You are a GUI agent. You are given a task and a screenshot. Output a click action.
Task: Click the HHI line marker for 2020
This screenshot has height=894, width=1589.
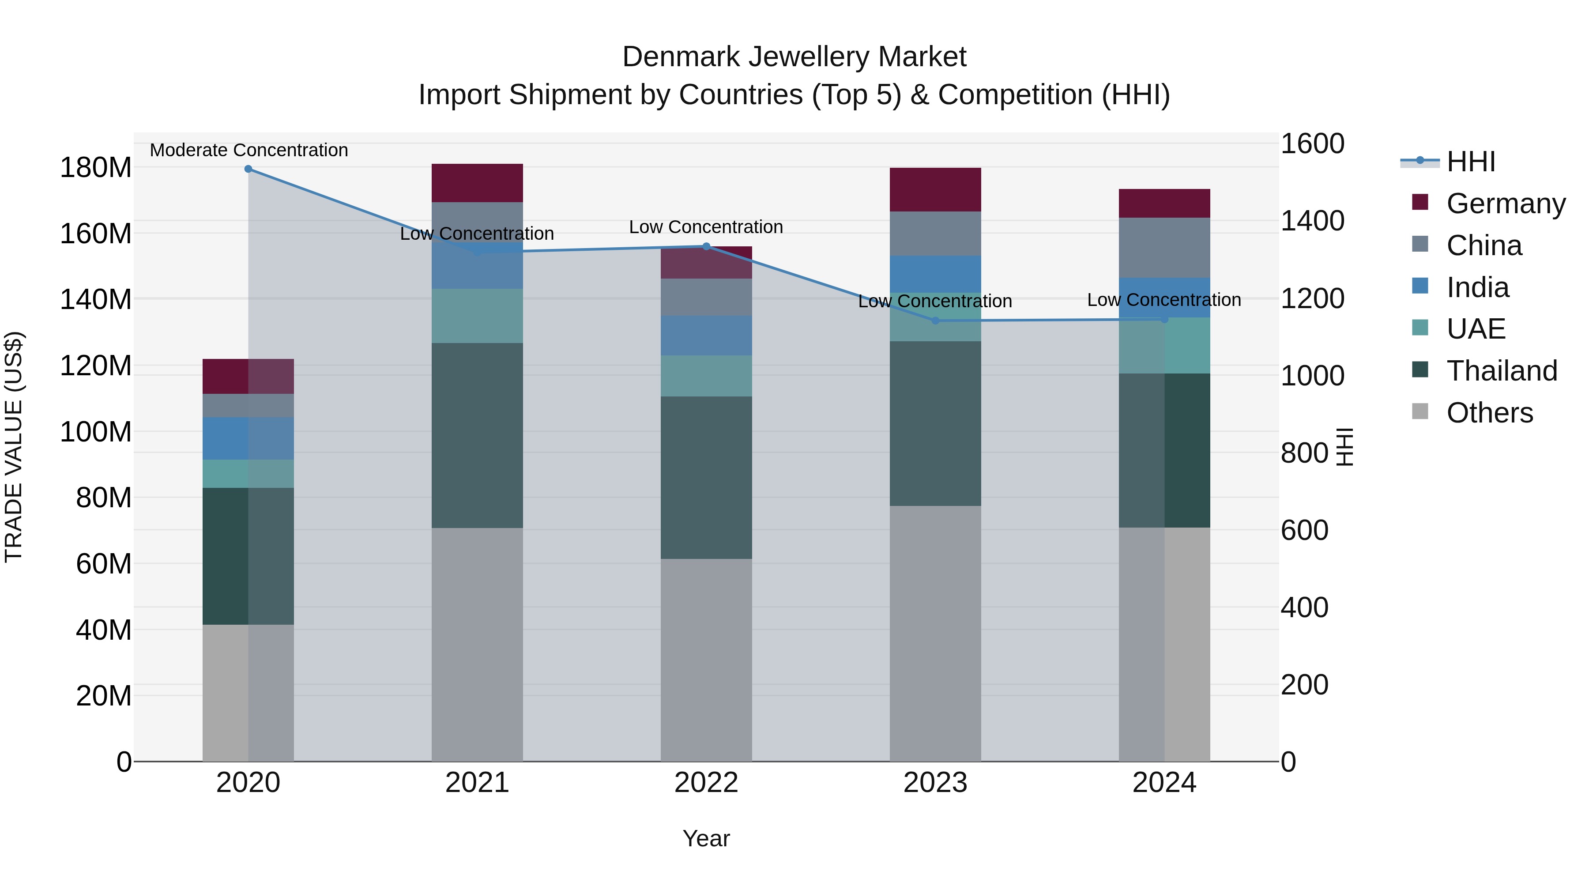click(x=248, y=169)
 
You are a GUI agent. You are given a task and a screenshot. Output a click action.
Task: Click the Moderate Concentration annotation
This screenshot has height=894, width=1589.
click(x=249, y=150)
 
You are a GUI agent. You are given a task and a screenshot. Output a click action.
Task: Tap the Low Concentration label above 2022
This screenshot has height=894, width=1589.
click(x=706, y=226)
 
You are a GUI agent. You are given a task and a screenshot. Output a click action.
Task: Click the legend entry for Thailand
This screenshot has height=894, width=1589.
click(x=1502, y=371)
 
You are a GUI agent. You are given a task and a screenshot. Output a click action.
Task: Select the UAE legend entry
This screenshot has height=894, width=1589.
click(x=1476, y=329)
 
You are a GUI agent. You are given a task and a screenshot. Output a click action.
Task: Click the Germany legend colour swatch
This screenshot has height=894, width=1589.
click(x=1420, y=202)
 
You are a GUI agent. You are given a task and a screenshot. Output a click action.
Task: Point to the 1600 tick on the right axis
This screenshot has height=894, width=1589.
click(x=1312, y=144)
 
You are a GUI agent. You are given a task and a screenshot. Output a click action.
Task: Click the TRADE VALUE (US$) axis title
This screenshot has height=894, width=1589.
click(x=14, y=447)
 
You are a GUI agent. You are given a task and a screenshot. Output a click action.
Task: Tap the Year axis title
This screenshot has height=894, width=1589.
click(x=706, y=838)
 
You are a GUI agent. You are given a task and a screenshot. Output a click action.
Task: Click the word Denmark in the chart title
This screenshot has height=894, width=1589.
click(x=681, y=57)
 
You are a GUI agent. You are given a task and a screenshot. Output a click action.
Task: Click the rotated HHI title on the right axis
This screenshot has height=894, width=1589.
click(x=1344, y=447)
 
